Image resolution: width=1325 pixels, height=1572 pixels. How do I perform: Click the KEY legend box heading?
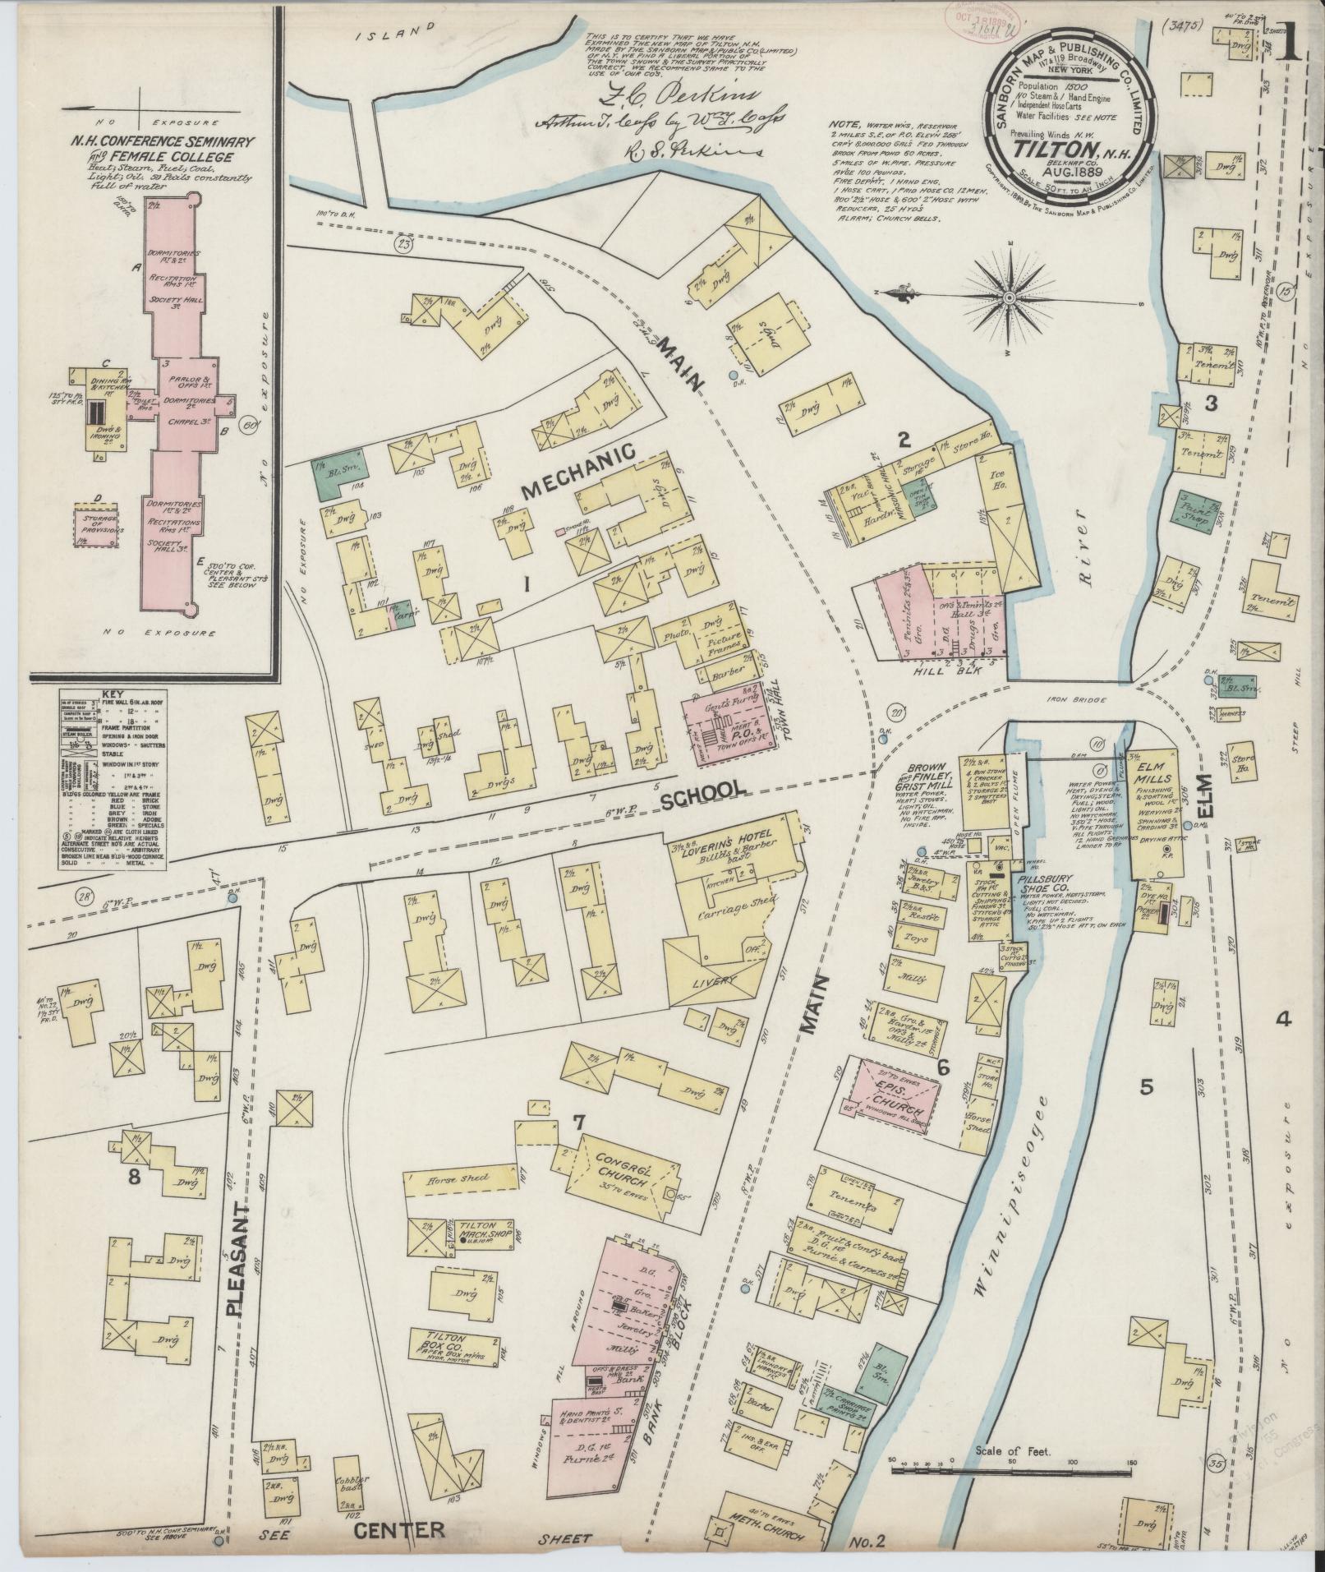pos(111,694)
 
